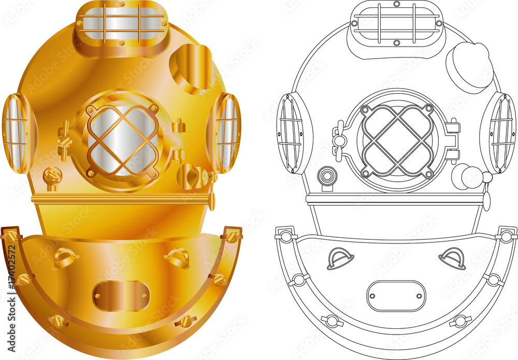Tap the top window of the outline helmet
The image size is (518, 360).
click(396, 23)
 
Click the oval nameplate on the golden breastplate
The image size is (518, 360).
click(121, 296)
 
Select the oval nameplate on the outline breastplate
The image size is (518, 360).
click(396, 296)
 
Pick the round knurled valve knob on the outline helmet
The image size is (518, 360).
click(327, 177)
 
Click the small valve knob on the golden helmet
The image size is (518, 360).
click(52, 177)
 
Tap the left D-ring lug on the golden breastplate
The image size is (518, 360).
click(65, 257)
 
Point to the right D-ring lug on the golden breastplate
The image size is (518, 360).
click(178, 257)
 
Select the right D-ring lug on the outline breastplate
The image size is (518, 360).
click(452, 257)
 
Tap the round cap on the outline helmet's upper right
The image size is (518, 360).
click(469, 67)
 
